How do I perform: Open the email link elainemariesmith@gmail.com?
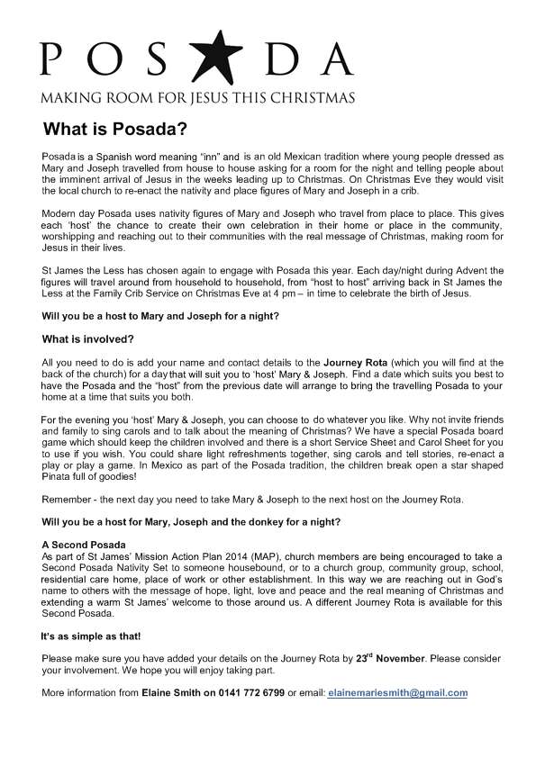[386, 692]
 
